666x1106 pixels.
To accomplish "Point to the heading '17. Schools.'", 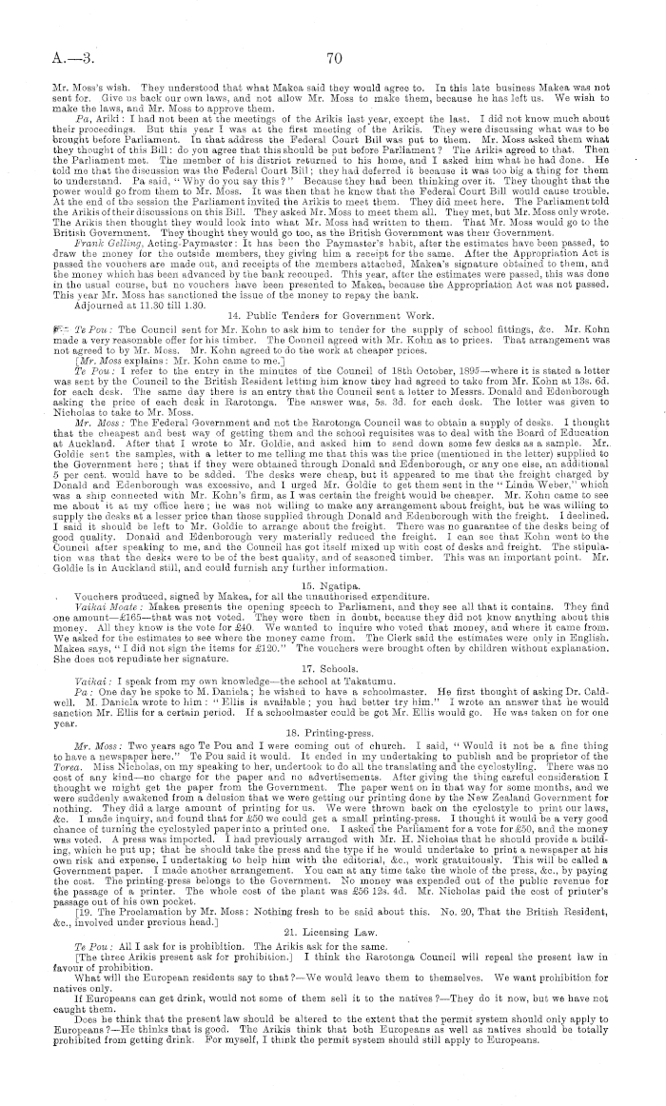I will [x=332, y=649].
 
